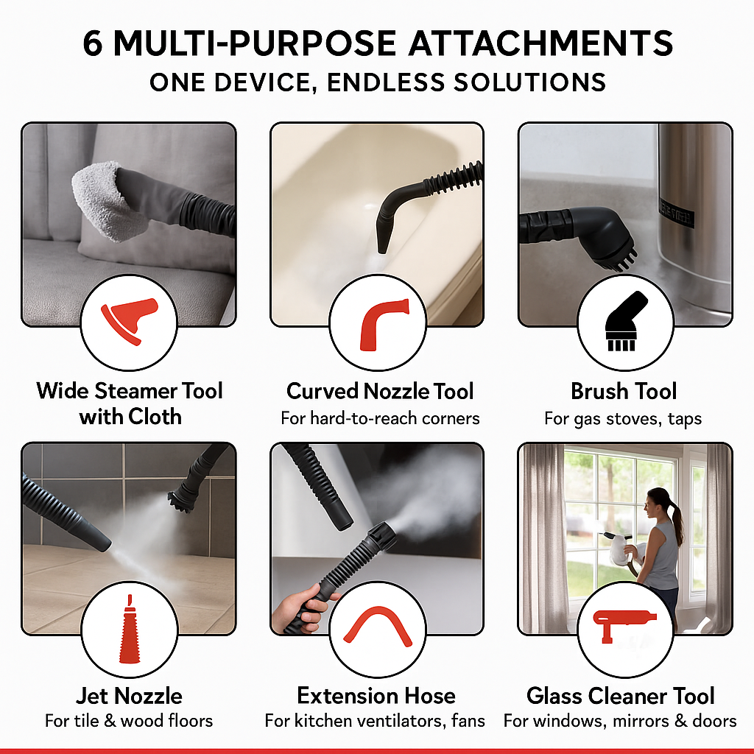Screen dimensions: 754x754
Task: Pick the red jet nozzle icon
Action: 128,630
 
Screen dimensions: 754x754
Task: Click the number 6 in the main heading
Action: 93,43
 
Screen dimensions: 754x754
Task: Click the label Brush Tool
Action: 623,391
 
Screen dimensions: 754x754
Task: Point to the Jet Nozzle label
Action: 129,695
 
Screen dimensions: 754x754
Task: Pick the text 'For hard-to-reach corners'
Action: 380,418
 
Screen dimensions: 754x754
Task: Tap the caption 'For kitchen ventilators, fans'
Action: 375,720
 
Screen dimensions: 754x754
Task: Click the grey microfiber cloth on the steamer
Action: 103,197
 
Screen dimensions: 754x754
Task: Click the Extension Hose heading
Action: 376,695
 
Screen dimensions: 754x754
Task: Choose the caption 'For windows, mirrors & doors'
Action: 620,720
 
